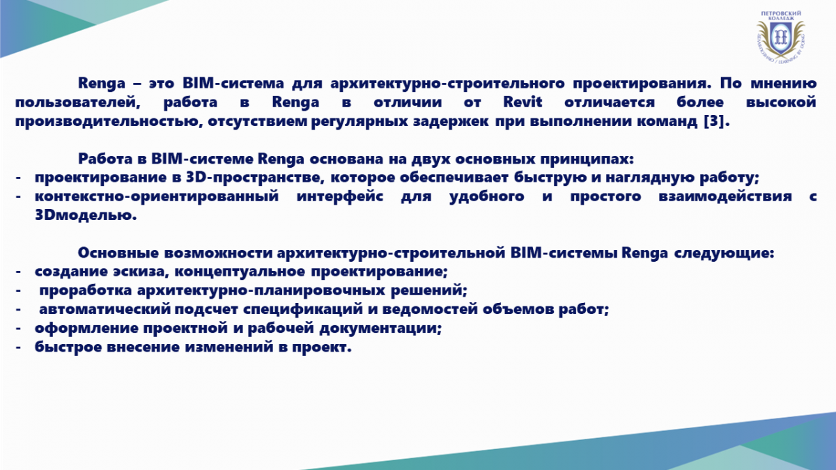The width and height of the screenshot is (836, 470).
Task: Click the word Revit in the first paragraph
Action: click(x=522, y=102)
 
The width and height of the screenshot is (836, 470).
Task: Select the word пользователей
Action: click(x=77, y=102)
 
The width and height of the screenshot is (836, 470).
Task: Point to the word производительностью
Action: click(x=109, y=121)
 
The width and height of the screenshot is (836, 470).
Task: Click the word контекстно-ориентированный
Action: click(x=157, y=196)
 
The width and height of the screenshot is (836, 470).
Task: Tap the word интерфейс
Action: click(x=340, y=196)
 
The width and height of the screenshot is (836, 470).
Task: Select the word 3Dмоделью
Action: click(x=86, y=215)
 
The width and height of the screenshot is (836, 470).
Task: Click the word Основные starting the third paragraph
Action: click(x=118, y=253)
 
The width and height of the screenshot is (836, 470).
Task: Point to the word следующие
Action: click(x=724, y=253)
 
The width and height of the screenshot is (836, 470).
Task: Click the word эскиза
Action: click(x=139, y=272)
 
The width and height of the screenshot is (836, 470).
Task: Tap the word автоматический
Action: click(x=105, y=310)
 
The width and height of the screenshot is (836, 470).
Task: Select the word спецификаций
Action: click(x=303, y=310)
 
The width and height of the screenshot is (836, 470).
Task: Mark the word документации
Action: click(x=380, y=328)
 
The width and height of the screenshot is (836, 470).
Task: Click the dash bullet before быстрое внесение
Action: click(x=18, y=347)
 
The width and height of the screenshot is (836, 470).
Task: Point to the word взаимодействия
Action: click(x=725, y=196)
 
